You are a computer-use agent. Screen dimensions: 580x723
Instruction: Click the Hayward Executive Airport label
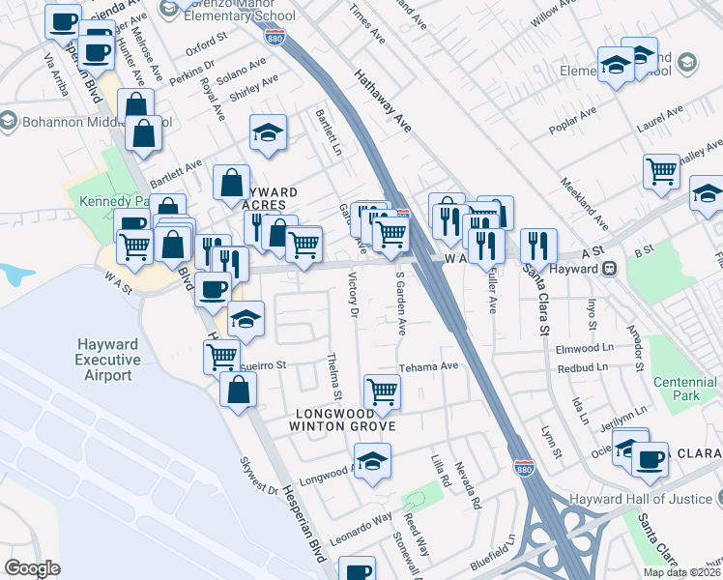(x=109, y=361)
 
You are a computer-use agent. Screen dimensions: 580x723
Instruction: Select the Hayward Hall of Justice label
(x=658, y=498)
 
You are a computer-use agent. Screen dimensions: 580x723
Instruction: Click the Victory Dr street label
(x=352, y=298)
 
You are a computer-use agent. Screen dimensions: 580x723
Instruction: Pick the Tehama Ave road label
(x=429, y=367)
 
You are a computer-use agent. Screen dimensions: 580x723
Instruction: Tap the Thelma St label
(x=335, y=378)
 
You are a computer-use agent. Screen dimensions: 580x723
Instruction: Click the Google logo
(x=32, y=568)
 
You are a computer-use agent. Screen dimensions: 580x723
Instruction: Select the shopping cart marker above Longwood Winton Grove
(x=383, y=391)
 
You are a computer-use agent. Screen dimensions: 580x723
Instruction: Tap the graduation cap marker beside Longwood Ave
(x=372, y=461)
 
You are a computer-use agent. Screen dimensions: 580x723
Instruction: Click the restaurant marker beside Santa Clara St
(x=537, y=246)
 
